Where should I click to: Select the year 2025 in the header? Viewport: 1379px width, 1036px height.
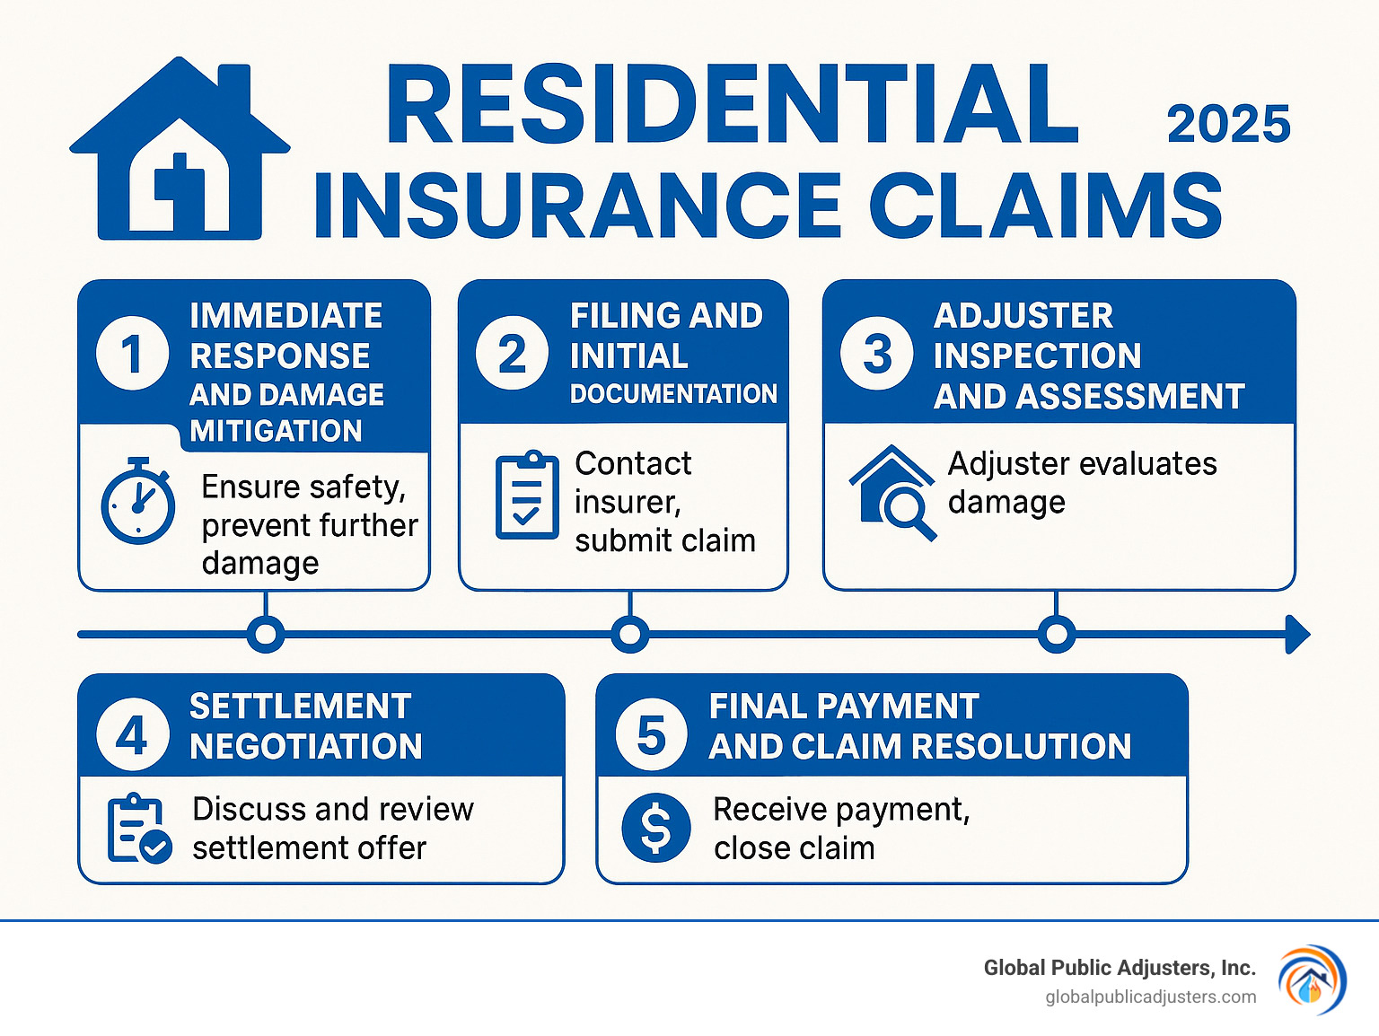(1228, 124)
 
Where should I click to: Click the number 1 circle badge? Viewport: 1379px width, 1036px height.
(133, 354)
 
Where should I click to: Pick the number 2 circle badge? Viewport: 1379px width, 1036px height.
(513, 354)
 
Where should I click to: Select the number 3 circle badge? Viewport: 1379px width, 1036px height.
(877, 354)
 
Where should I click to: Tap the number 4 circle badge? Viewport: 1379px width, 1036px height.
(133, 736)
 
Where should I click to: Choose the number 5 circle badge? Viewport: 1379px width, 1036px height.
(652, 736)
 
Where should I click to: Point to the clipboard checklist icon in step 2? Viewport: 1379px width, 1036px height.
(527, 496)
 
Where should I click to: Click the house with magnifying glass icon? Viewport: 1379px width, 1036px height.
(892, 493)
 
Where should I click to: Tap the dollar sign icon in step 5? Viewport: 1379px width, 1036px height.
(656, 828)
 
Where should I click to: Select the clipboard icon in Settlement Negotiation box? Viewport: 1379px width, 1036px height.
(138, 829)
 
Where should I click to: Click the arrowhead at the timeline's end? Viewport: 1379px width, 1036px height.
(1297, 635)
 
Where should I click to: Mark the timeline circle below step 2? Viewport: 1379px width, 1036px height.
(630, 635)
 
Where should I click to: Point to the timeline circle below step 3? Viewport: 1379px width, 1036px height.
(1057, 635)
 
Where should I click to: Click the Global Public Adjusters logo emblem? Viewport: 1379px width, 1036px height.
(1312, 980)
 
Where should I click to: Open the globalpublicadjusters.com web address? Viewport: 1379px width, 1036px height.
(1151, 997)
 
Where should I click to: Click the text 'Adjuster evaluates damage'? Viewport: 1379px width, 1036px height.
(1082, 483)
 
